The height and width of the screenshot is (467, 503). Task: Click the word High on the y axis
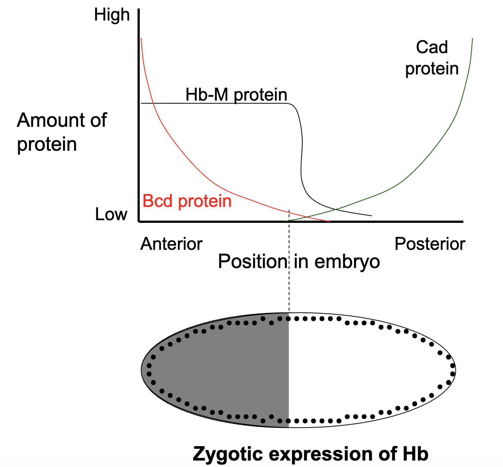pos(112,15)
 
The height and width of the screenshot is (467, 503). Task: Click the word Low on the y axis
pos(111,215)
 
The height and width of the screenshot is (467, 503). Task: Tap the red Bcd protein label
pos(187,201)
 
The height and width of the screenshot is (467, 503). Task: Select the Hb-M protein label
pos(236,95)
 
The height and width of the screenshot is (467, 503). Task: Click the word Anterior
pos(171,244)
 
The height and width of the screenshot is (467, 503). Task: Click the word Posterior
pos(430,244)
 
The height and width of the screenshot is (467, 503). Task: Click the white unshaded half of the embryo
pos(370,370)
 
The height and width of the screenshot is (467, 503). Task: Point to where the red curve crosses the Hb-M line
pos(153,103)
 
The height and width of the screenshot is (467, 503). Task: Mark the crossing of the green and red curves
pos(307,217)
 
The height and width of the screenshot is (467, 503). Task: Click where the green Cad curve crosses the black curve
pos(336,209)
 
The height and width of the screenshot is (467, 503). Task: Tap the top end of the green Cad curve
pos(472,38)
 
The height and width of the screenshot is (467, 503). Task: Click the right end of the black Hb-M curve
pos(371,216)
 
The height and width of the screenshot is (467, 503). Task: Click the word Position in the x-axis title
pos(253,261)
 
